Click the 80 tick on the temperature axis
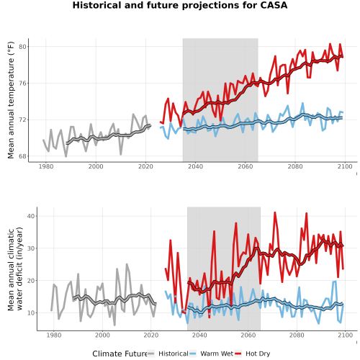(x=22, y=47)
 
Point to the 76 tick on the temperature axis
(x=22, y=84)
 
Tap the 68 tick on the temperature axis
(x=22, y=156)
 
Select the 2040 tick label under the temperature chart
(x=195, y=166)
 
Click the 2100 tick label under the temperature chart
(x=345, y=166)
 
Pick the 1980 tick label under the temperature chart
(x=46, y=166)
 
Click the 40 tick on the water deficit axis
(x=31, y=216)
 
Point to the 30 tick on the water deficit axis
(x=31, y=248)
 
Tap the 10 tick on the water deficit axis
(x=31, y=312)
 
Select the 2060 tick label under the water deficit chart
(x=248, y=335)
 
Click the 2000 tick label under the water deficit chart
(x=102, y=335)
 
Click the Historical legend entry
(x=168, y=354)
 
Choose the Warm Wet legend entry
(x=211, y=354)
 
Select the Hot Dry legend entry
(x=253, y=354)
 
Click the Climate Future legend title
(x=120, y=354)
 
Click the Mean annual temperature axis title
(x=11, y=100)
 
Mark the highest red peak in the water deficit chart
(x=275, y=212)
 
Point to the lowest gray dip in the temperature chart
(x=66, y=157)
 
